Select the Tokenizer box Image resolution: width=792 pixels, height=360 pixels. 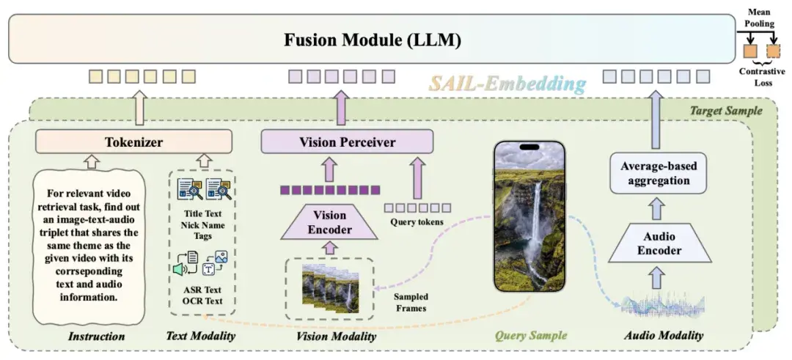click(x=133, y=141)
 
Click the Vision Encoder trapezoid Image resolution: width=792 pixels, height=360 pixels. click(x=330, y=222)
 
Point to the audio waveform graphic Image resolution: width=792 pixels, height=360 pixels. click(x=658, y=306)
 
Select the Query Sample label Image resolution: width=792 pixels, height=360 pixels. click(x=530, y=336)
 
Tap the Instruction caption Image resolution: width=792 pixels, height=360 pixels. click(x=96, y=337)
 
